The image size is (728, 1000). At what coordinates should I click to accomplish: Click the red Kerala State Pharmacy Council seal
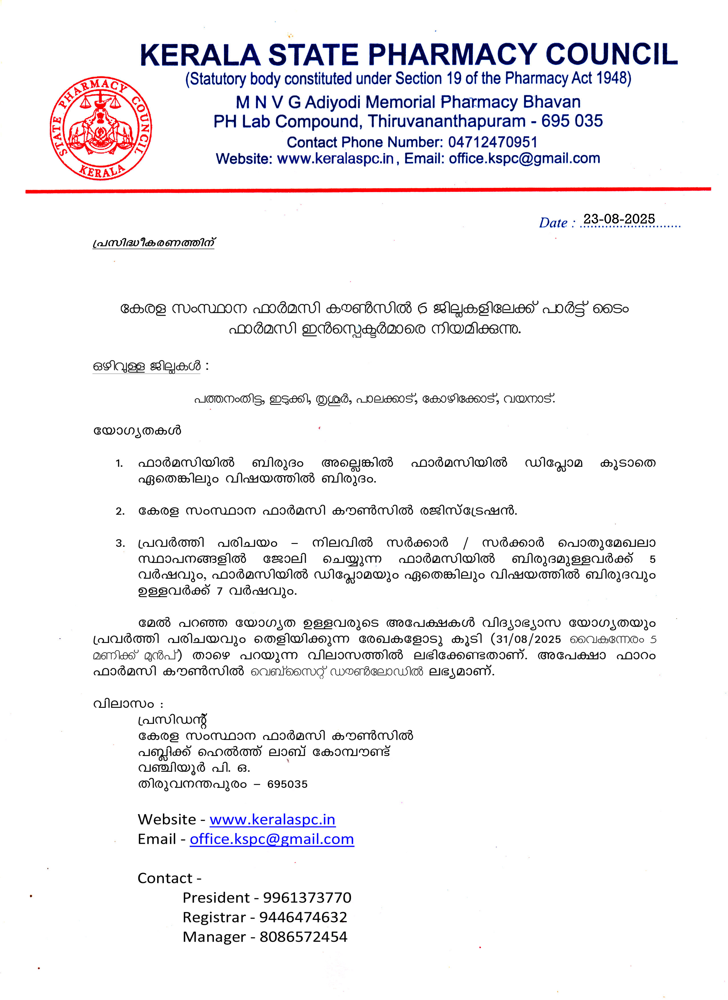101,128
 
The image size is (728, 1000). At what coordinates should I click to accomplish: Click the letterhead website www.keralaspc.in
335,158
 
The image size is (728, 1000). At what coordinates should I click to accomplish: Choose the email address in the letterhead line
524,158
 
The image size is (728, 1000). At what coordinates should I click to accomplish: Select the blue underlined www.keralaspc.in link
272,819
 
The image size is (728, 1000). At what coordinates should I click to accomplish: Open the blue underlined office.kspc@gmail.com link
272,839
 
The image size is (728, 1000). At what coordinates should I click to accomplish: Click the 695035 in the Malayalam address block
287,784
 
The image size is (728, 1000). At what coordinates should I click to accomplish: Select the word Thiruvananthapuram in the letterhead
447,121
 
